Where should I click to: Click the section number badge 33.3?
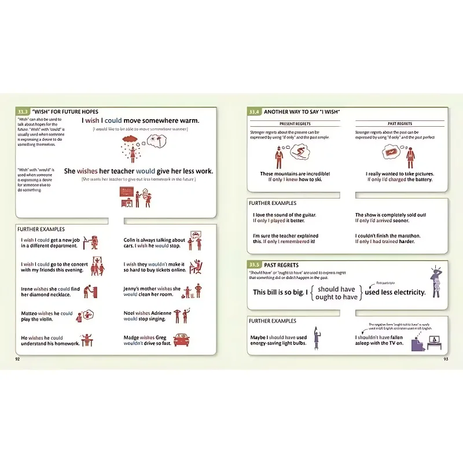23,112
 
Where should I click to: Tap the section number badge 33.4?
255,112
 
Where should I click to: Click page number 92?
18,359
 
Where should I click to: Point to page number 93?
446,359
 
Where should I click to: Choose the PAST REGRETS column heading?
399,124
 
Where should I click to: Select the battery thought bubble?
391,152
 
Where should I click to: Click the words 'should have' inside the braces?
336,289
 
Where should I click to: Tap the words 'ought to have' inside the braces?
336,297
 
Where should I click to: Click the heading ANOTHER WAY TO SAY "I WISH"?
302,112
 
